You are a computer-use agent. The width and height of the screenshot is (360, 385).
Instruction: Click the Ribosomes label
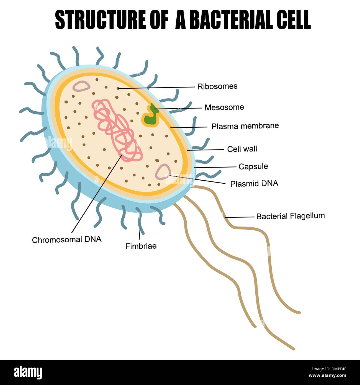(217, 86)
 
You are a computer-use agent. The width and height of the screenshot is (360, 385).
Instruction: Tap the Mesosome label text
(224, 107)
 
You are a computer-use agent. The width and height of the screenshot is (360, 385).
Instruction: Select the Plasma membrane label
(245, 126)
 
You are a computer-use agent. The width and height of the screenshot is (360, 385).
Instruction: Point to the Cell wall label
(242, 149)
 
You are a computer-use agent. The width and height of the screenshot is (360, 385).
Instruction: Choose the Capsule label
(253, 166)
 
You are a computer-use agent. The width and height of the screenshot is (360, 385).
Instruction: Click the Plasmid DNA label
(254, 184)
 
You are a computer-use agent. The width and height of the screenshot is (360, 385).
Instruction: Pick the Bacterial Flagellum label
(290, 216)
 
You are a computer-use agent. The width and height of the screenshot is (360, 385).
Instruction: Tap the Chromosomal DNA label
(67, 240)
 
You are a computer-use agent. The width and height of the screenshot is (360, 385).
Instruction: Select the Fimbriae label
(141, 246)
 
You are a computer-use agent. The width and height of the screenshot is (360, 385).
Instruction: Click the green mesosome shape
(150, 116)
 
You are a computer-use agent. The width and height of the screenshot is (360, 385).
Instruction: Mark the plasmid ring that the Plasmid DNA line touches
(163, 171)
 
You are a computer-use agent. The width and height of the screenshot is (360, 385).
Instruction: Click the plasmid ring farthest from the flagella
(81, 86)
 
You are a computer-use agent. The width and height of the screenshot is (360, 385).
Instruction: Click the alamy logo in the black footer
(28, 372)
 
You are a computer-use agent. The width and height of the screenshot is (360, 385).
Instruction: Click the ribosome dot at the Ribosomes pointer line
(118, 88)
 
